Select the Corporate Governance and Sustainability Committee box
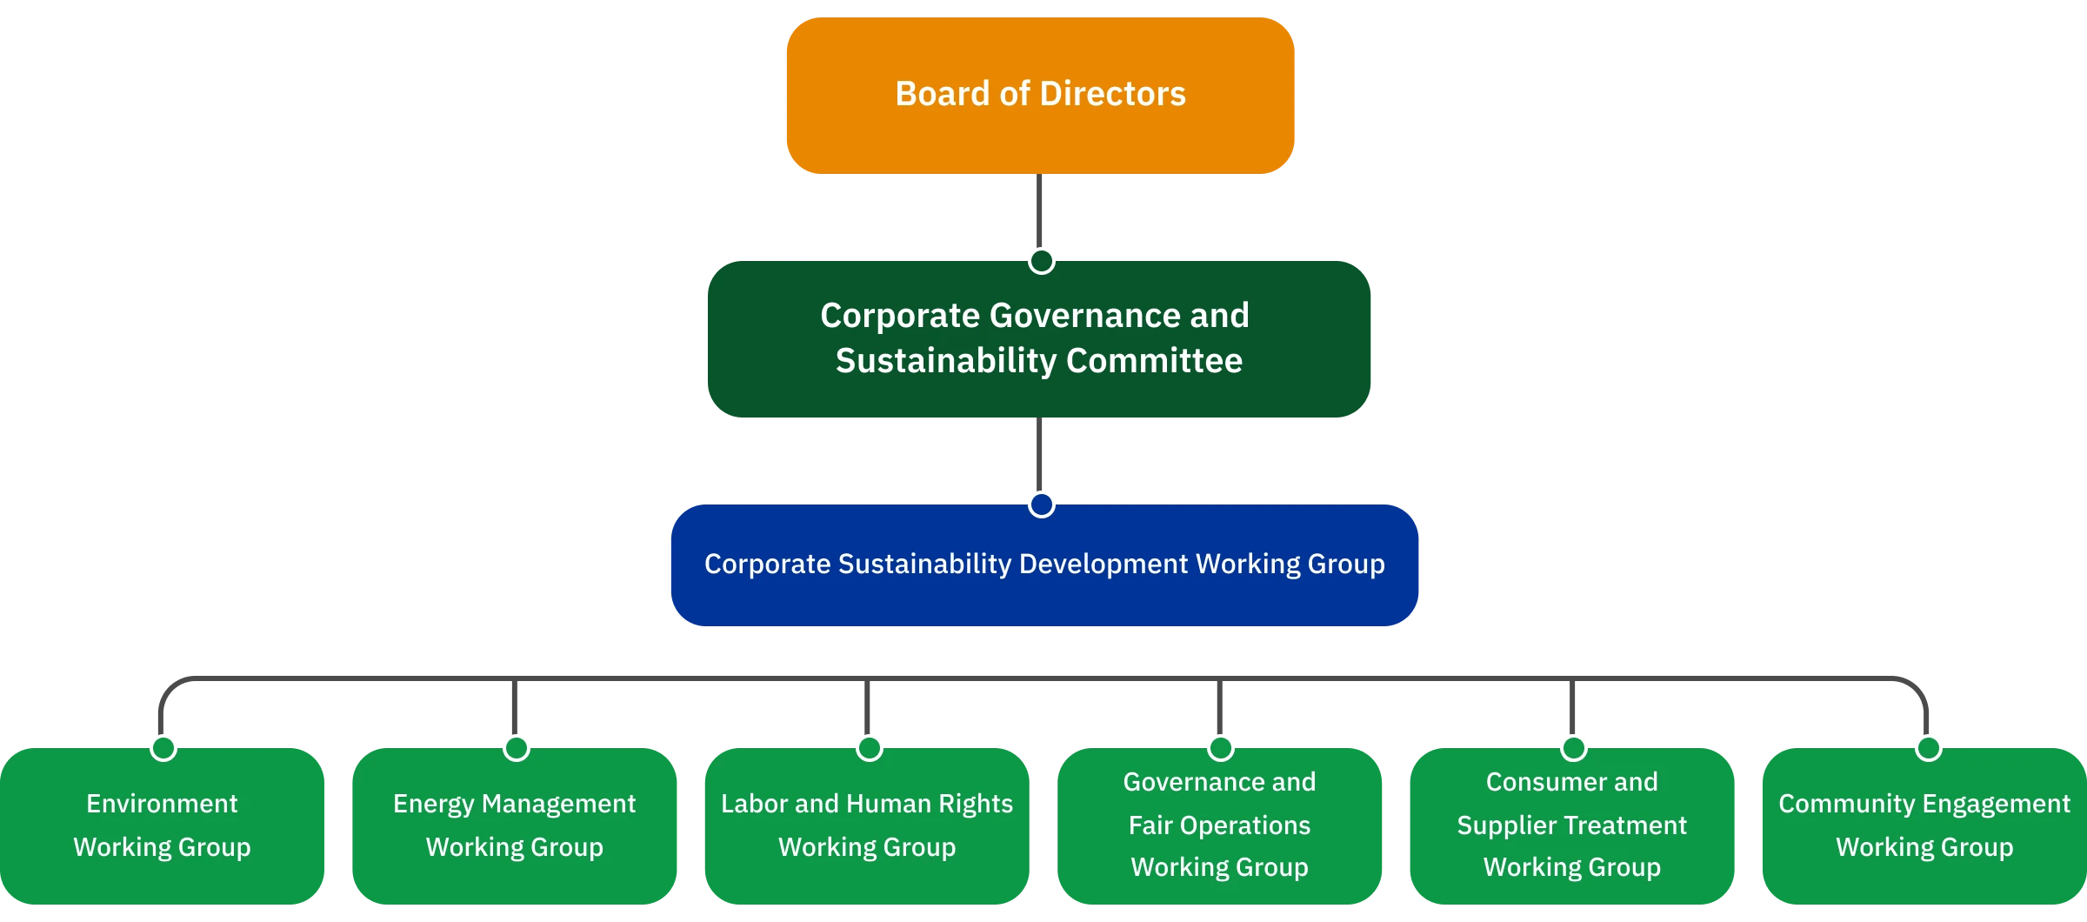(1040, 337)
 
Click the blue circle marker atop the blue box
(1041, 504)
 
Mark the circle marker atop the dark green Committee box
(1041, 259)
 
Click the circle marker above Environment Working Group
(163, 747)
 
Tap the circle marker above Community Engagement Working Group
(1929, 747)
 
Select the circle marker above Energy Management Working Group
(517, 747)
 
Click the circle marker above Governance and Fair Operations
(1220, 747)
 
